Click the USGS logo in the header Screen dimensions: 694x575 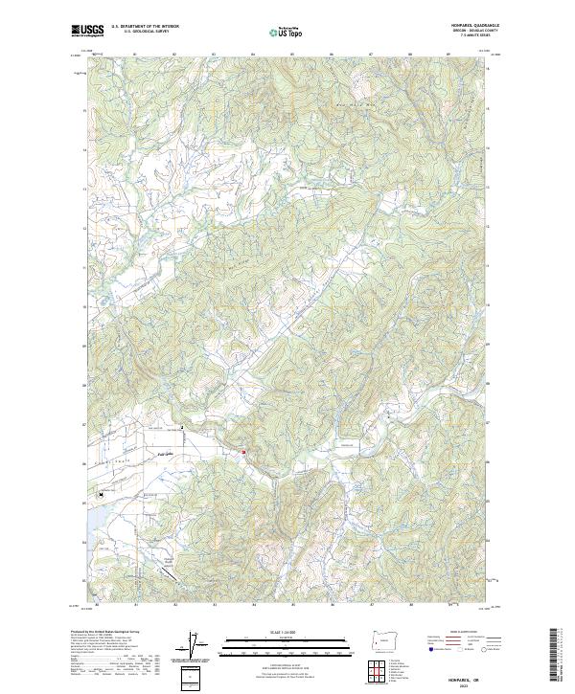tap(87, 30)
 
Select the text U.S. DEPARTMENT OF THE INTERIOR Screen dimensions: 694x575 tap(146, 27)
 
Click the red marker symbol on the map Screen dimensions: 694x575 tap(243, 453)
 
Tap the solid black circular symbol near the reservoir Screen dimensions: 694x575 tap(100, 495)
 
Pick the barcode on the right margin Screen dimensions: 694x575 tap(554, 656)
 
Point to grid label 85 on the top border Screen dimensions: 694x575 tap(292, 54)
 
